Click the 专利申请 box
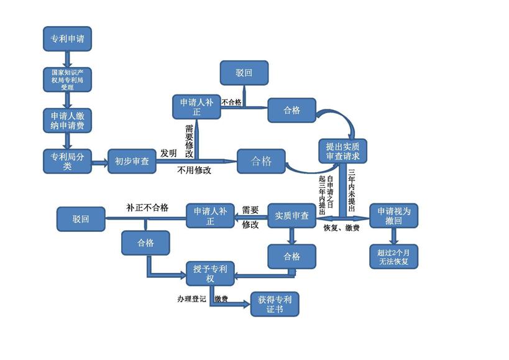68,39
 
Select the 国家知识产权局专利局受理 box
68,80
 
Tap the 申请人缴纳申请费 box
68,121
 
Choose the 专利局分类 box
68,161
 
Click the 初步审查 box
132,161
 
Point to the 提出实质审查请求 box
343,151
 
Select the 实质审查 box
292,216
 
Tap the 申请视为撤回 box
394,216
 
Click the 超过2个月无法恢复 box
394,257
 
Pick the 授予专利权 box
210,274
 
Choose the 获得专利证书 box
275,304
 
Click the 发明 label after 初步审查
168,153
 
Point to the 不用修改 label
194,170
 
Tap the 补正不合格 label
147,208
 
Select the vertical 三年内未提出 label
352,190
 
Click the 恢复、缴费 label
341,228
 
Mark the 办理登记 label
191,298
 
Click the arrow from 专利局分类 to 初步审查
99,162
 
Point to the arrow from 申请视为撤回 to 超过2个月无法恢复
394,236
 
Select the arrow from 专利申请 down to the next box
68,60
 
